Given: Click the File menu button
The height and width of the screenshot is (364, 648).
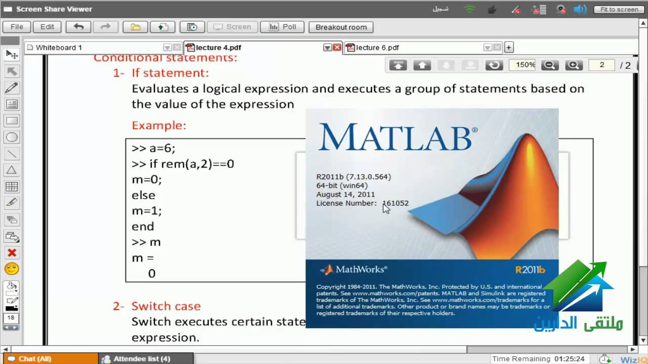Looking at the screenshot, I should (17, 27).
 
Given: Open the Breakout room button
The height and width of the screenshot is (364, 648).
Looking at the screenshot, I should (341, 27).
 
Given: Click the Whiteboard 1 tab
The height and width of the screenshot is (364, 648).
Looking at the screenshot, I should (59, 48).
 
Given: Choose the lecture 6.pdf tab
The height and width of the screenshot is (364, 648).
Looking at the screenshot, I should (377, 48).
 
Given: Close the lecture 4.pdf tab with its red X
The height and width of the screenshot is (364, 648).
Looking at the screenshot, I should (337, 48).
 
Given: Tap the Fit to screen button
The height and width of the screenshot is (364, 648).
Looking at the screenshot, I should (619, 10).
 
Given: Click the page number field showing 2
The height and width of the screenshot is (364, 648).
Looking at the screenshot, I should (602, 65).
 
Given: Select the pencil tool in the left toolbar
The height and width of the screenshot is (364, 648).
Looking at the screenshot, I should (12, 88).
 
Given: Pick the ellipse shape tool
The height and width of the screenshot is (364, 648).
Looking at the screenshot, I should (12, 137).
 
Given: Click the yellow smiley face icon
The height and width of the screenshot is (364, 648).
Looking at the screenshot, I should (12, 268).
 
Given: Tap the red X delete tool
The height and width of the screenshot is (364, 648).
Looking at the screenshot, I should (12, 252).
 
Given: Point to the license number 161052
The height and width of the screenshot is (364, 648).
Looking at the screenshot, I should (395, 203).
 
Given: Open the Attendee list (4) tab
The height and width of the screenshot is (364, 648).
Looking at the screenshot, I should (141, 359).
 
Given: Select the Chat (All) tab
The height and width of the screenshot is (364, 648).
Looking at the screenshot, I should (34, 359).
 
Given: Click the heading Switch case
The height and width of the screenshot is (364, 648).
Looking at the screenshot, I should (166, 306).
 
